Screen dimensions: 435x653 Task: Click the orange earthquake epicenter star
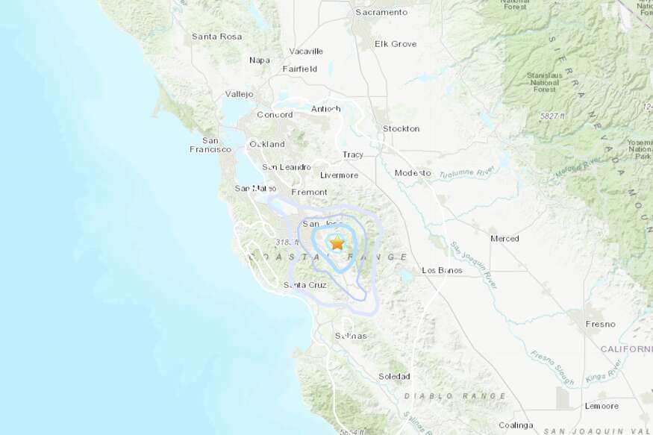coord(337,242)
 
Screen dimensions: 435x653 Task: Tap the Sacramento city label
coord(381,13)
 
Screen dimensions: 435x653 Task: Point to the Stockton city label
coord(401,128)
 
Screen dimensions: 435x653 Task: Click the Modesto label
coord(413,172)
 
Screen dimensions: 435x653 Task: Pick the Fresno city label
coord(600,324)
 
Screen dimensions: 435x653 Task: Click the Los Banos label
coord(442,270)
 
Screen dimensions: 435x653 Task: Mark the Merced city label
coord(504,238)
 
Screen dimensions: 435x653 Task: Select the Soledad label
coord(394,376)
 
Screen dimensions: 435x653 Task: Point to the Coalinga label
coord(515,425)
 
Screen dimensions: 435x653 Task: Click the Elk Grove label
coord(396,44)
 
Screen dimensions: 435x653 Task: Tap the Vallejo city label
coord(240,94)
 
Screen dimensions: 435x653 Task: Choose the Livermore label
coord(339,175)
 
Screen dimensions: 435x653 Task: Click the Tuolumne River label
coord(466,172)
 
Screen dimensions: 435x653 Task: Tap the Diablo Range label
coord(454,395)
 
